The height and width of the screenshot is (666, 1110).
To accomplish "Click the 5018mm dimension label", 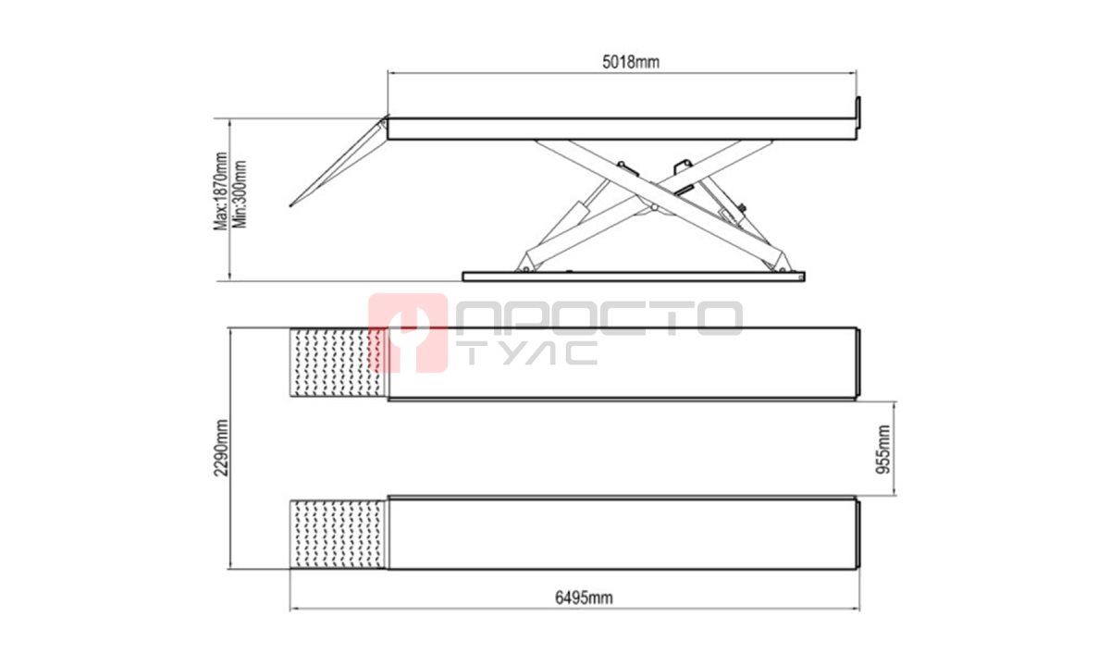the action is pyautogui.click(x=631, y=62).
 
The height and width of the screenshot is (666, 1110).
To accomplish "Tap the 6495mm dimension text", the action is pyautogui.click(x=584, y=598).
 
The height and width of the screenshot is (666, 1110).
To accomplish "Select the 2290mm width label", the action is pyautogui.click(x=221, y=448).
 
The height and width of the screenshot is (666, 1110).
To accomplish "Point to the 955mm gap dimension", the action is pyautogui.click(x=883, y=450).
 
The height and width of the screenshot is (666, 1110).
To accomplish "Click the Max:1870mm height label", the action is pyautogui.click(x=220, y=191).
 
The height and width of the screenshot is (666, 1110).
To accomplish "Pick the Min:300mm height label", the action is pyautogui.click(x=240, y=194).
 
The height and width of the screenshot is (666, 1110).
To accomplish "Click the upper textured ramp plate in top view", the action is pyautogui.click(x=338, y=363).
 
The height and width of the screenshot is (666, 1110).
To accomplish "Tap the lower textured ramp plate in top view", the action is pyautogui.click(x=338, y=535).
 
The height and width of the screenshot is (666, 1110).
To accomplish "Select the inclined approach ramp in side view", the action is pyautogui.click(x=339, y=162).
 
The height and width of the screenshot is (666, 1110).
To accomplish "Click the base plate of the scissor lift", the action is pyautogui.click(x=634, y=277).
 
